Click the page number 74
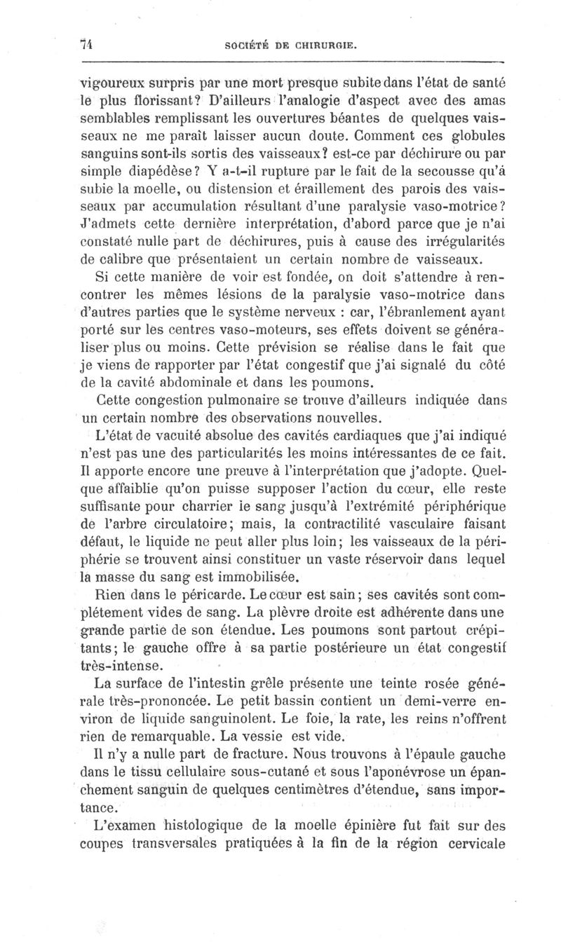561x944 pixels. click(88, 44)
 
